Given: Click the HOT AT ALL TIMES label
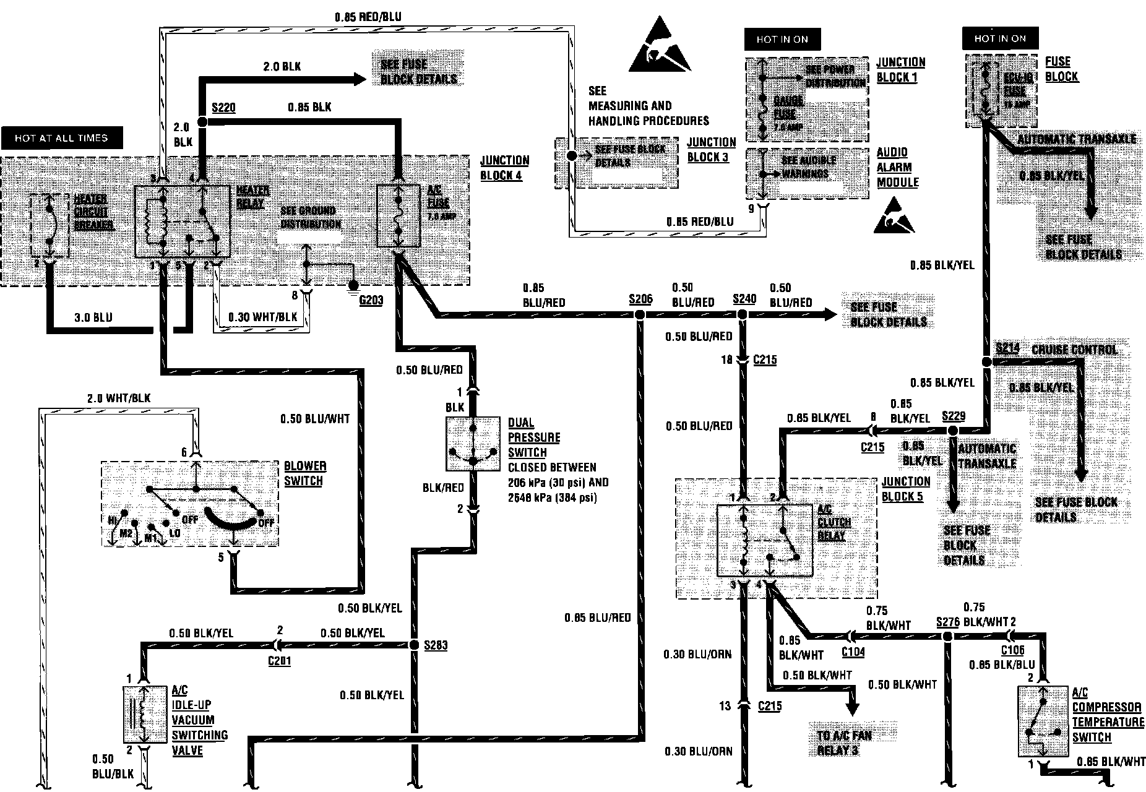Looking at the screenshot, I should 61,138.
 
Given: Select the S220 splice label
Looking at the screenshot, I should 223,108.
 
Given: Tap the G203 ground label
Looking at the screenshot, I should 371,301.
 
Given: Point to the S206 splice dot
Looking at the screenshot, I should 640,315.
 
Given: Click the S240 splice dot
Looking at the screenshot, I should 743,315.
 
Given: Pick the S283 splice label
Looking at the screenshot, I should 436,645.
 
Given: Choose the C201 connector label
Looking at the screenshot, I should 279,661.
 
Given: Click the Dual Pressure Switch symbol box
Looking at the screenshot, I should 473,444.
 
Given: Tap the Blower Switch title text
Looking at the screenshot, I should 305,473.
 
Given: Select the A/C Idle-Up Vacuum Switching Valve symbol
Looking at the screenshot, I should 144,715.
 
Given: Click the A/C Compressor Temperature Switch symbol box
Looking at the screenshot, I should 1043,720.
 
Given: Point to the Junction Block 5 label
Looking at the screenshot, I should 906,489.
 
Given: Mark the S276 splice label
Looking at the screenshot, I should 947,621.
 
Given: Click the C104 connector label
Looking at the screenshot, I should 853,652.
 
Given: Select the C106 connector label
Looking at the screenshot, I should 1013,650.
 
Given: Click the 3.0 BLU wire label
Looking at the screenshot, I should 93,317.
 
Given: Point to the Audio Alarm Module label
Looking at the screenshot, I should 897,167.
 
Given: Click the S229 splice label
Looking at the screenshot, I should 953,416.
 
